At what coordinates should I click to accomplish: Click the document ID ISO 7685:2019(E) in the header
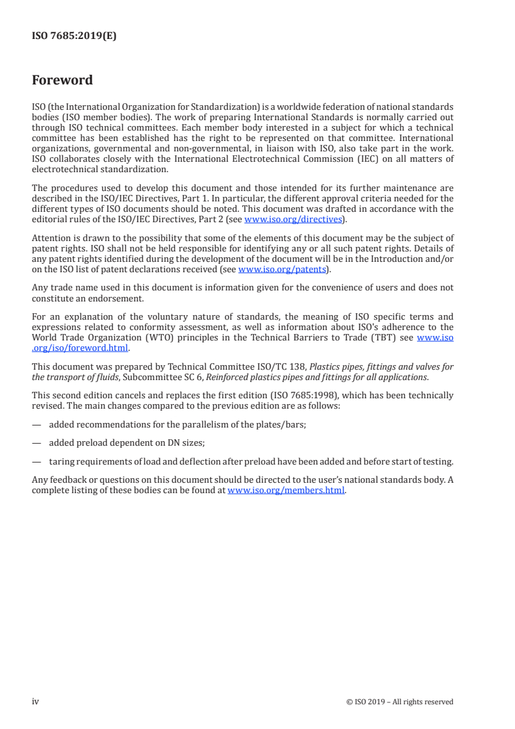(74, 36)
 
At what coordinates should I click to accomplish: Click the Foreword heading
(62, 81)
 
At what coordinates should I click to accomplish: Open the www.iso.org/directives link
(292, 219)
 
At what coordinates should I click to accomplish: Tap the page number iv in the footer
(36, 702)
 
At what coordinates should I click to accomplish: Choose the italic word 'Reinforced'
(227, 376)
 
